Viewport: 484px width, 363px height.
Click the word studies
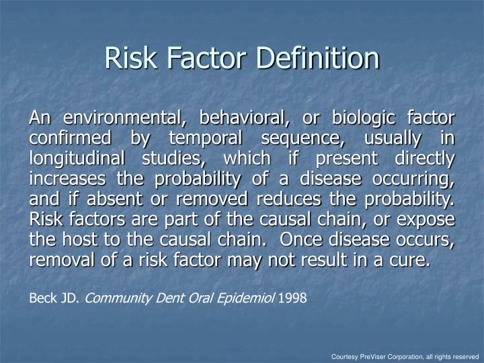(177, 159)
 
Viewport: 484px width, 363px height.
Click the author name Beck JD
(54, 296)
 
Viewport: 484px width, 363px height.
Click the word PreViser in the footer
(374, 356)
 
